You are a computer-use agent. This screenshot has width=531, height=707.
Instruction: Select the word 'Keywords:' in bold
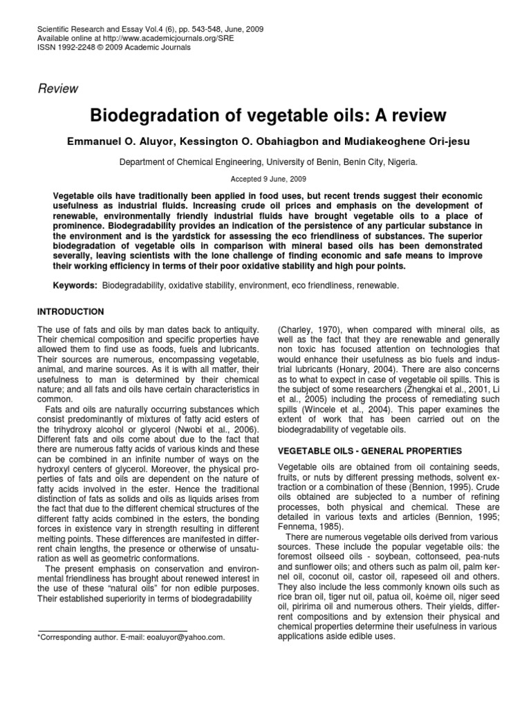point(75,285)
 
